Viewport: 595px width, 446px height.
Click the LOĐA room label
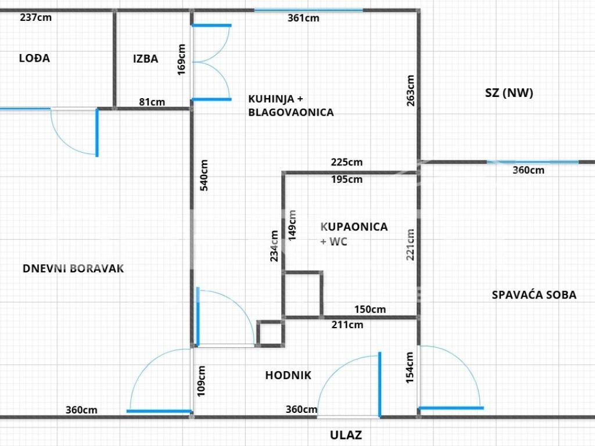point(34,58)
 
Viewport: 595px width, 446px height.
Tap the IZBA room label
point(146,59)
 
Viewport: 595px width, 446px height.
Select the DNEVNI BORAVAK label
point(73,268)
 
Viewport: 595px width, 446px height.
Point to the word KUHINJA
point(271,99)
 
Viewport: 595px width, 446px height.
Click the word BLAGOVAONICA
point(291,112)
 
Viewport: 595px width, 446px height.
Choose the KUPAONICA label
point(354,227)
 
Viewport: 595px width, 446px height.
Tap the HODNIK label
point(288,376)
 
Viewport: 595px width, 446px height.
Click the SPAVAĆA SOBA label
point(534,295)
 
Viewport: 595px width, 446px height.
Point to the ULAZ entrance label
point(346,435)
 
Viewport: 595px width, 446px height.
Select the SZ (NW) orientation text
point(509,93)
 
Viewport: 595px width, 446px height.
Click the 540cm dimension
point(204,175)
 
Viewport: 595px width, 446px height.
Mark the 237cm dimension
point(35,17)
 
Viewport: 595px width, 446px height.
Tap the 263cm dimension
point(411,91)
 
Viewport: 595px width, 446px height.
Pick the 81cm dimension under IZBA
point(152,102)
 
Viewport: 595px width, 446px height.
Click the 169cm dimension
point(181,60)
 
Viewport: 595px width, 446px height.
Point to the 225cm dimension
point(346,163)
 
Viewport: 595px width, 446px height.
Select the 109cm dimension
point(201,381)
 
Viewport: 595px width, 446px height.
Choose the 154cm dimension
point(410,368)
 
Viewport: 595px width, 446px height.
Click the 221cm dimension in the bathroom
point(410,244)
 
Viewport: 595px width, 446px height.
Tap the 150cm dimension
point(370,310)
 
